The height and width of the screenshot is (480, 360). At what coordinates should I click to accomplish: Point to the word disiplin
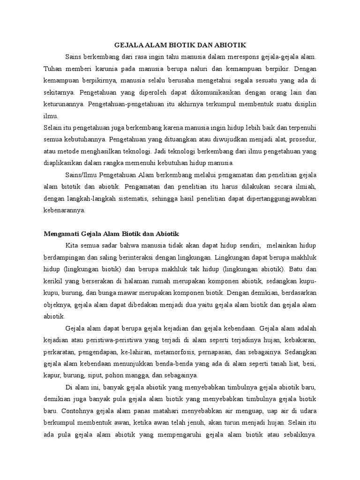tap(305, 104)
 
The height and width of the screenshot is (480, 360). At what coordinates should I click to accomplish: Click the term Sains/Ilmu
tap(82, 175)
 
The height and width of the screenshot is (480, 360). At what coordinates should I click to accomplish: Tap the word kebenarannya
tap(64, 210)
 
